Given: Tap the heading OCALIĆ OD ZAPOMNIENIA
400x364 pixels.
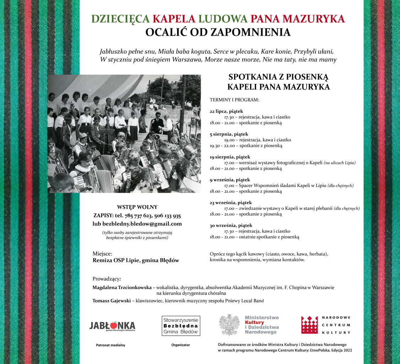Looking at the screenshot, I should click(218, 32).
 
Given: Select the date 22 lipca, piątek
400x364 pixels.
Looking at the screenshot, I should click(229, 111).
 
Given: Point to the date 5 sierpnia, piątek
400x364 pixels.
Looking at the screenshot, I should click(229, 134).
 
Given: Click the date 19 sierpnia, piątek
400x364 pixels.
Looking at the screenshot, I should click(230, 157).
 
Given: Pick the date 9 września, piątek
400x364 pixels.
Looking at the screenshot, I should click(230, 180).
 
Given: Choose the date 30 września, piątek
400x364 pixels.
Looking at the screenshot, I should click(231, 225).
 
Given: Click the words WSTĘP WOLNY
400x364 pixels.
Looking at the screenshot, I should click(137, 207).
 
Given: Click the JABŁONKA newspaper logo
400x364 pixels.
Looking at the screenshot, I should click(112, 326).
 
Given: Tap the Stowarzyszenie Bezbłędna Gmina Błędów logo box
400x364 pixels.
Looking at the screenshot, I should click(181, 326).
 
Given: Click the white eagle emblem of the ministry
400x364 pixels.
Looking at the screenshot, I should click(229, 325).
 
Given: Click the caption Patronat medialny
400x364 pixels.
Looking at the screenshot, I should click(110, 345).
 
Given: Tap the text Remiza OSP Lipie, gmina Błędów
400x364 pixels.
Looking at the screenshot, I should click(136, 261).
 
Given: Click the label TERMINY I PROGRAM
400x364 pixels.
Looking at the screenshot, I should click(234, 100).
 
